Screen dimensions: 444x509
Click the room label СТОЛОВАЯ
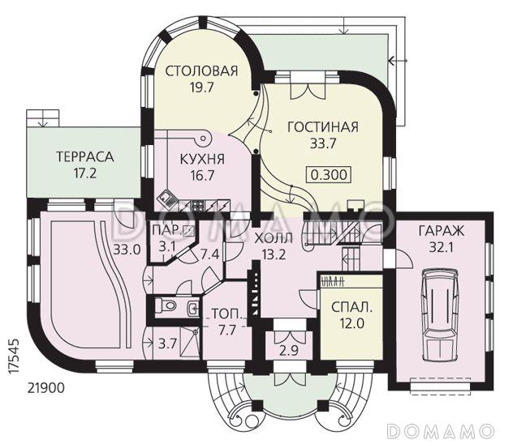[201, 71]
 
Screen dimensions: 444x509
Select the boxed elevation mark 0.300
[324, 173]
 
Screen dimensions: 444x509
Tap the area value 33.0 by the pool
[127, 249]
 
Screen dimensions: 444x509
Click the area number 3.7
[167, 344]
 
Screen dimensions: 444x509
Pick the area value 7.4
[209, 254]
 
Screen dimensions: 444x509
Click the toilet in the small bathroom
[165, 306]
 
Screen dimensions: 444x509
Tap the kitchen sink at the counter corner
[166, 197]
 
